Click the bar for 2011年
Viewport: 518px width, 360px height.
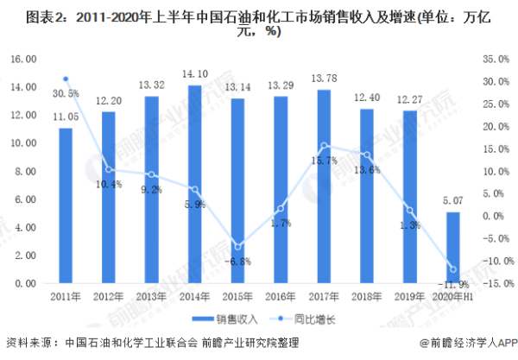pyautogui.click(x=66, y=205)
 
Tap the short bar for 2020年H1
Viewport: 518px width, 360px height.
pyautogui.click(x=452, y=248)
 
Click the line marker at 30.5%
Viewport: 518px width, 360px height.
pyautogui.click(x=66, y=79)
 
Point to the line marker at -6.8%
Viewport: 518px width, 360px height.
pyautogui.click(x=237, y=247)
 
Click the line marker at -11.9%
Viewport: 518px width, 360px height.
pyautogui.click(x=452, y=269)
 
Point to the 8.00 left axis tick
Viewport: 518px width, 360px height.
pyautogui.click(x=26, y=171)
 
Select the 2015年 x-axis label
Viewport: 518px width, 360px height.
pyautogui.click(x=237, y=297)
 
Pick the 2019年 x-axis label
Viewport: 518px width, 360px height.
pyautogui.click(x=409, y=297)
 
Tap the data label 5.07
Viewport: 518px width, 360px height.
pyautogui.click(x=452, y=202)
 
